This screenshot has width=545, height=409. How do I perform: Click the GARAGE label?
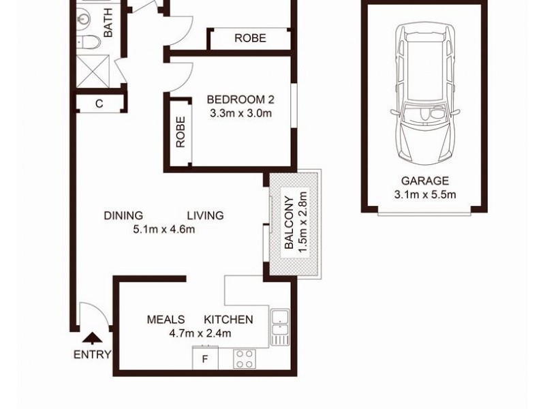(x=424, y=181)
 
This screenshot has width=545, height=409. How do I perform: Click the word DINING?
(x=123, y=216)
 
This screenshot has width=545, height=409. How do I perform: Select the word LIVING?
(x=205, y=216)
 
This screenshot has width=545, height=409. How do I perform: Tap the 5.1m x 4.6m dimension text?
(x=164, y=229)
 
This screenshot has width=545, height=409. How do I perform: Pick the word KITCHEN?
(x=229, y=320)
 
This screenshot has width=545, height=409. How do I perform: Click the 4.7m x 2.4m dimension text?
(x=200, y=333)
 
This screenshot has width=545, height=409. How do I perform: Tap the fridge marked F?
(x=205, y=359)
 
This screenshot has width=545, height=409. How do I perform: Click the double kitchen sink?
(x=280, y=325)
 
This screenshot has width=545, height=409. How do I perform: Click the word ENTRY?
(x=91, y=354)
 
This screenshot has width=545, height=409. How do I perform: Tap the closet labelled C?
(x=99, y=104)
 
